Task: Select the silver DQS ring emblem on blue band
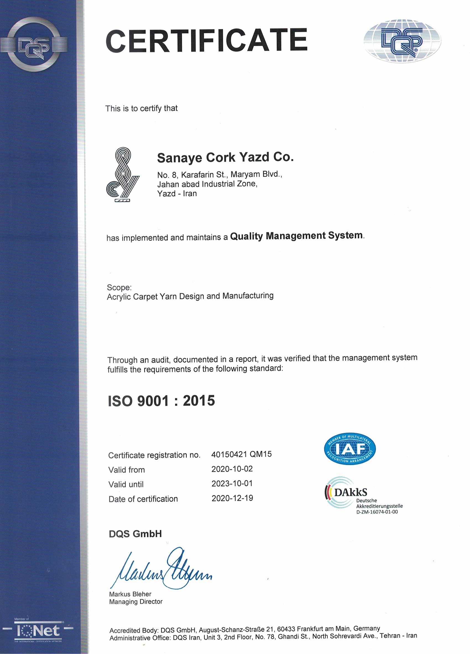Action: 34,45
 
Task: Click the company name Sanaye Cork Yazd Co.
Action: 225,157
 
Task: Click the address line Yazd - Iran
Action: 177,194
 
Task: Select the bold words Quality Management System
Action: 296,236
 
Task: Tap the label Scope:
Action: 119,287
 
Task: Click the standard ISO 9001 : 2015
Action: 161,401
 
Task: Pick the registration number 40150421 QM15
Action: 241,454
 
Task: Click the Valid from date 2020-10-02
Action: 232,469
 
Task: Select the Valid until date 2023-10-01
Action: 232,483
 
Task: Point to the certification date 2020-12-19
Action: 232,498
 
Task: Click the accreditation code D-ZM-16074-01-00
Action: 377,512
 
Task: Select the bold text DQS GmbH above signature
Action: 135,534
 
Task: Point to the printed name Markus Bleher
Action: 130,594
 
